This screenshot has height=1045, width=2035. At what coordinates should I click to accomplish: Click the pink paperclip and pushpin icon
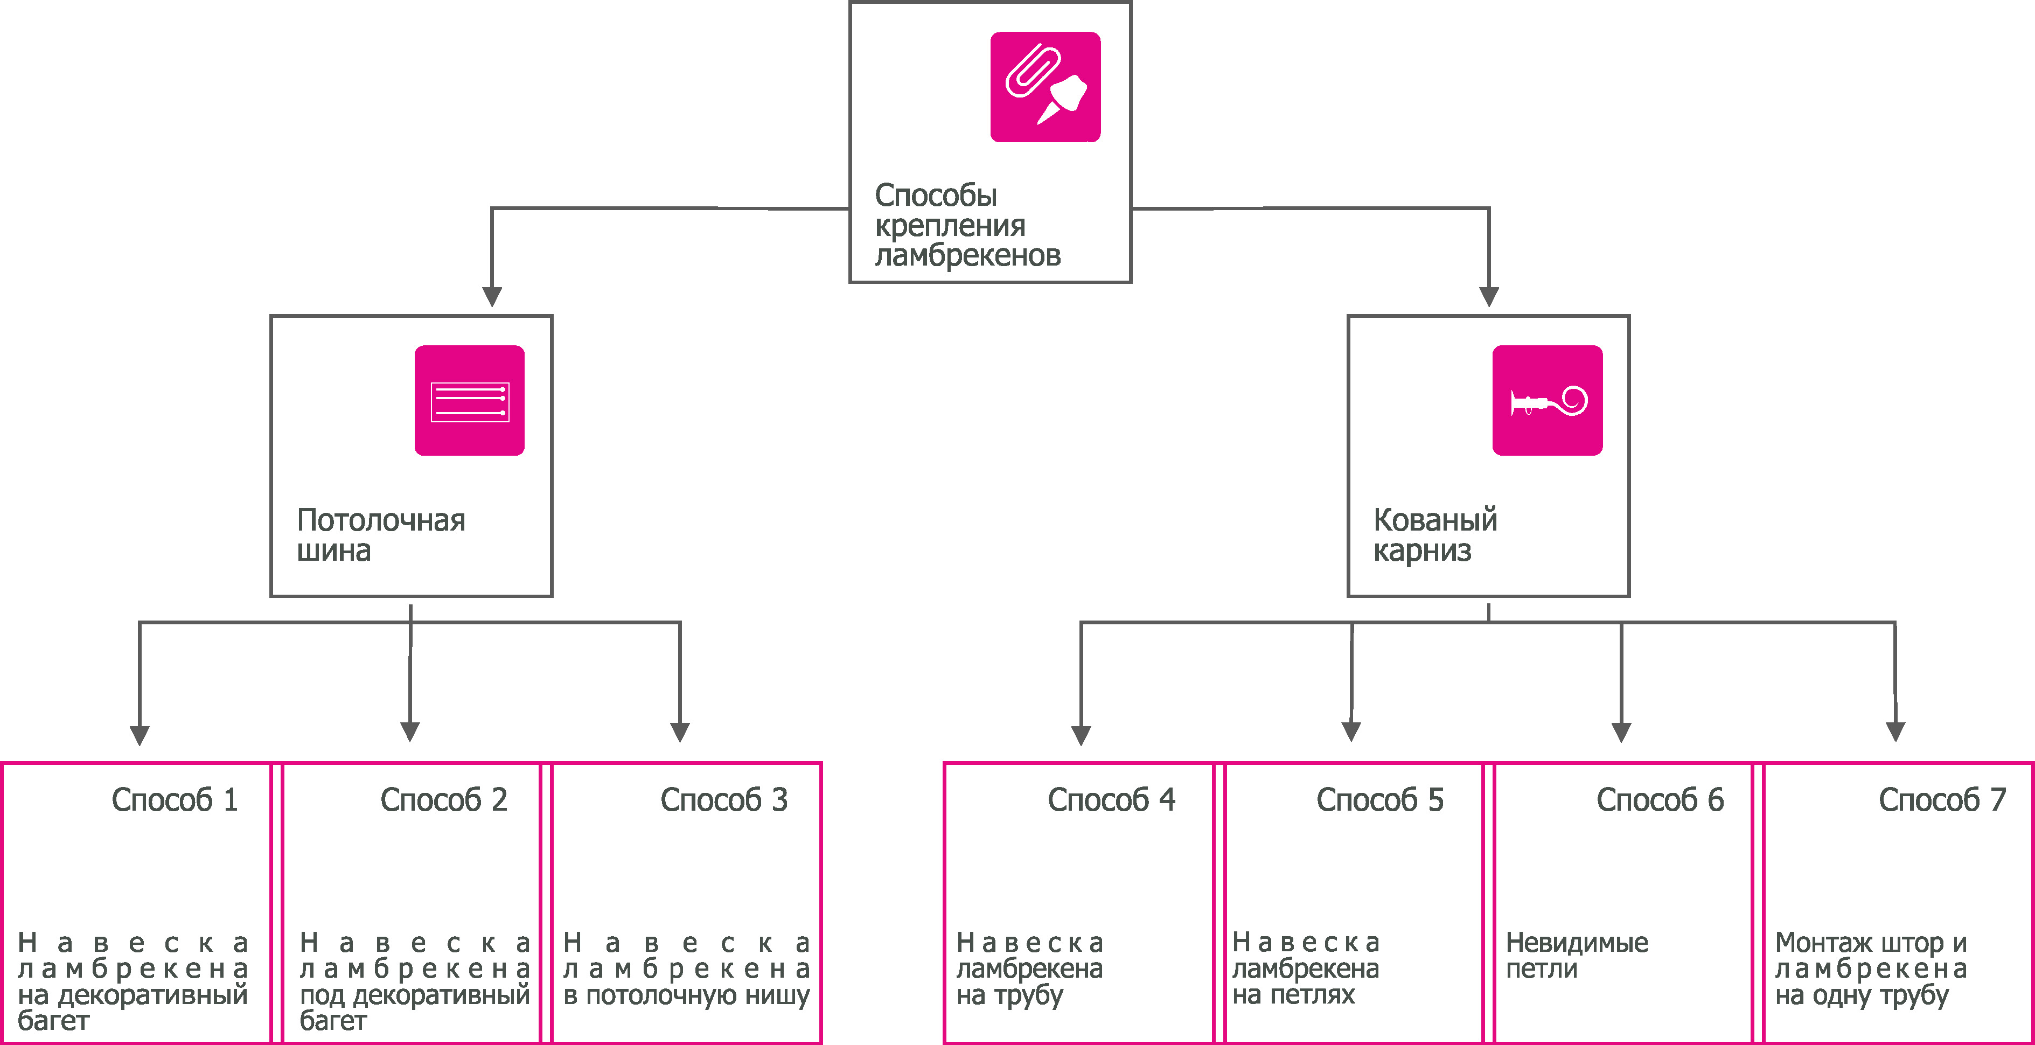click(1045, 87)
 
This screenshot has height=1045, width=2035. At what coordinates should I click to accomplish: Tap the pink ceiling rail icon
click(469, 400)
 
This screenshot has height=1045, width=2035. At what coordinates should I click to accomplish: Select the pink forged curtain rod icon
click(1547, 400)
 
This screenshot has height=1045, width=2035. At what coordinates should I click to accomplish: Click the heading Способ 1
click(175, 800)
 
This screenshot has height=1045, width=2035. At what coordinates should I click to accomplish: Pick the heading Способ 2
click(443, 800)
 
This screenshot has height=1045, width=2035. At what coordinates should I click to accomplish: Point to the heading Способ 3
click(723, 800)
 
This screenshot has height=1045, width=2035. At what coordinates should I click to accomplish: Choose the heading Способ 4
click(1111, 800)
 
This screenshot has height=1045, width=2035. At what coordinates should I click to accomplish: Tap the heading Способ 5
click(1379, 800)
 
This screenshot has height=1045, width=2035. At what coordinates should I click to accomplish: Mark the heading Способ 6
click(1660, 800)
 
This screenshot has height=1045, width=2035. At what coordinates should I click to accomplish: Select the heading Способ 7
click(1942, 800)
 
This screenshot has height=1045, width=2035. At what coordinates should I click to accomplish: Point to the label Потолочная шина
click(381, 535)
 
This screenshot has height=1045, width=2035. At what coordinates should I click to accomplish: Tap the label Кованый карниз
click(1434, 535)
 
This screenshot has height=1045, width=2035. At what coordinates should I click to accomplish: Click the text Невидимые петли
click(1576, 955)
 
